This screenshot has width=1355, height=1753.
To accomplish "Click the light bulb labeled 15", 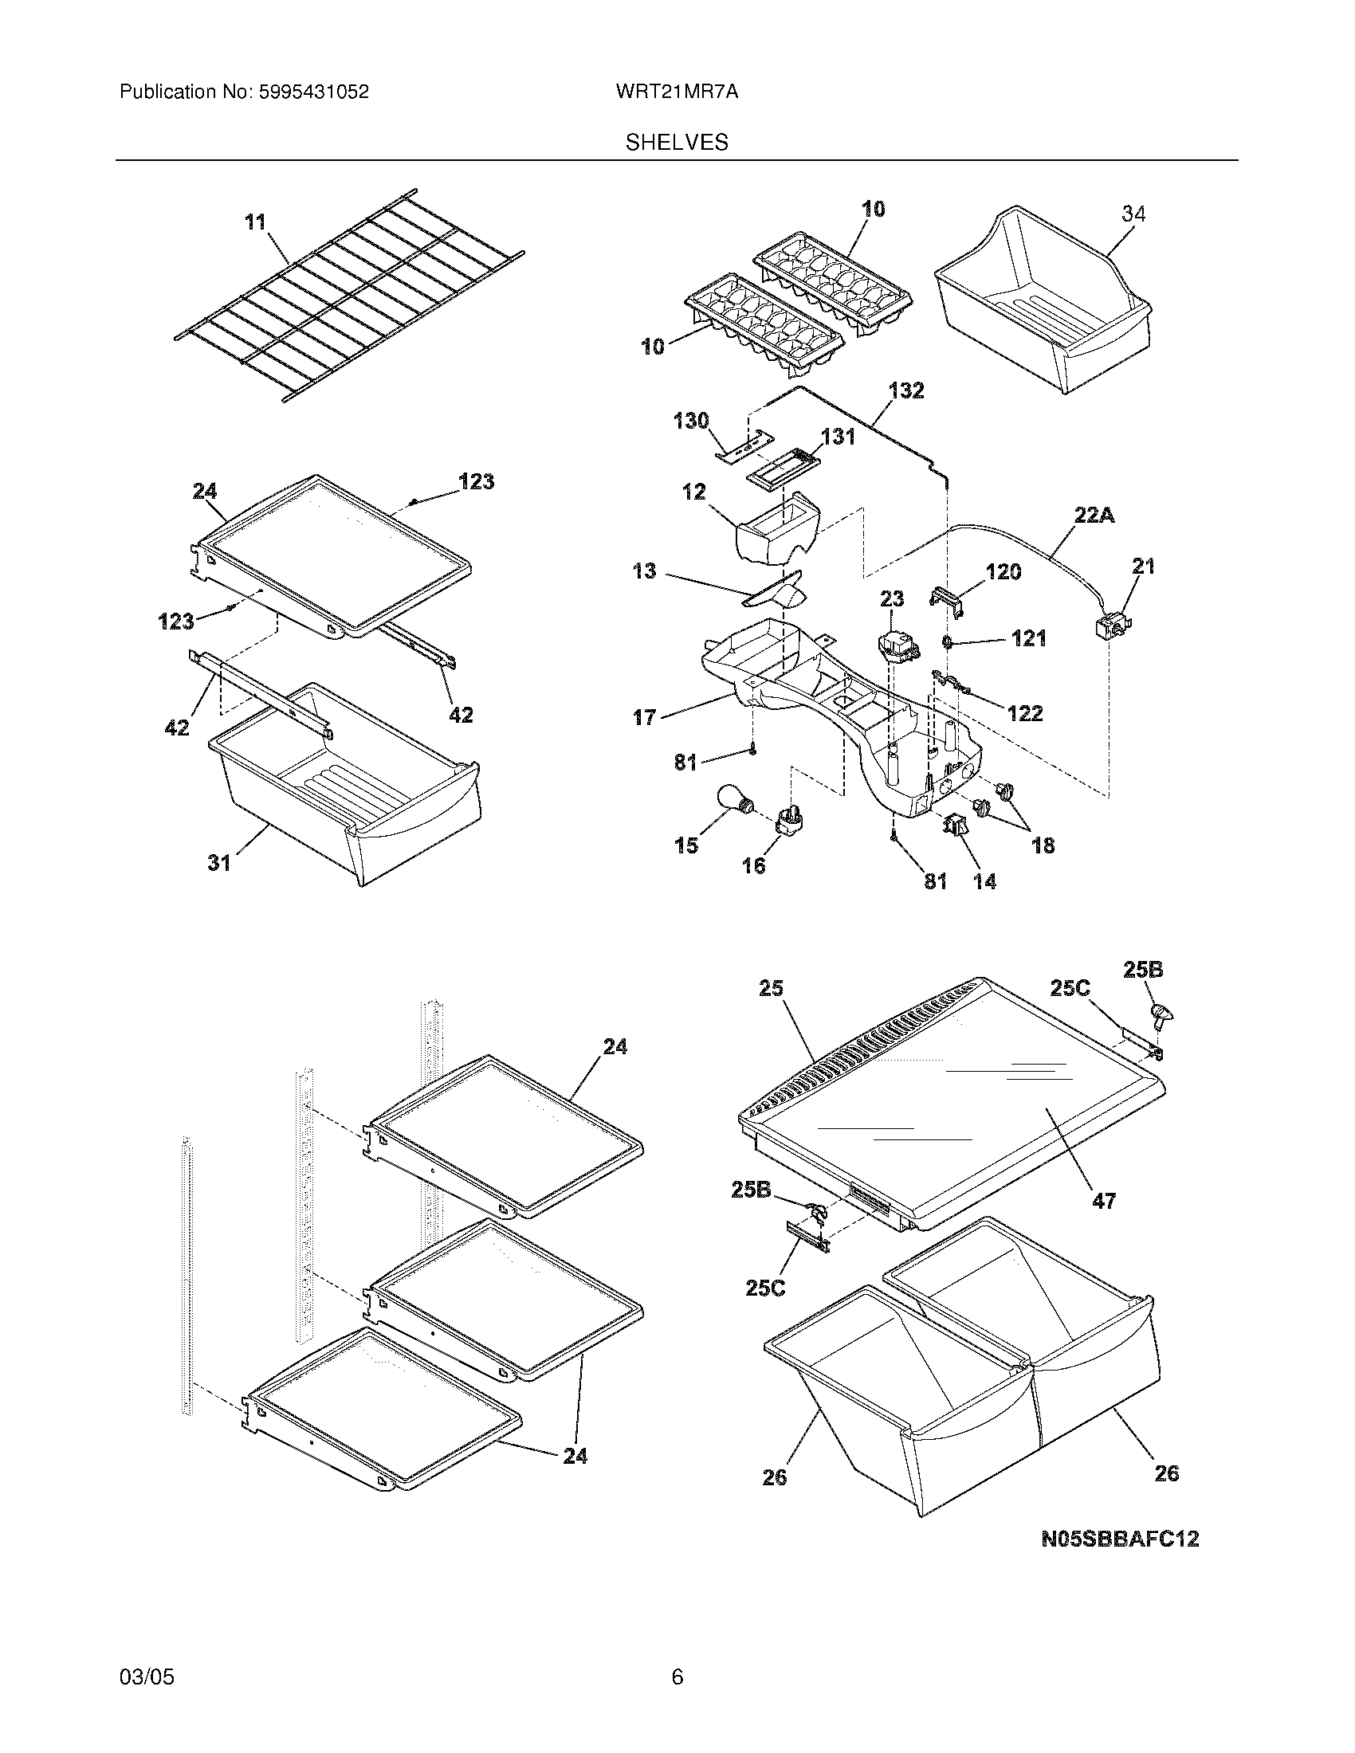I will [x=732, y=801].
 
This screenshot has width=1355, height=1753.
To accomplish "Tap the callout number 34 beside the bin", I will [x=1133, y=214].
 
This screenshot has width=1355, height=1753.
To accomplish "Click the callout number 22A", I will [x=1095, y=516].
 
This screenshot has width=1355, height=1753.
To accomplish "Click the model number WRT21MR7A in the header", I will [x=677, y=92].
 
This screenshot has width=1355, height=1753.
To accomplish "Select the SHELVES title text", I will [x=677, y=143].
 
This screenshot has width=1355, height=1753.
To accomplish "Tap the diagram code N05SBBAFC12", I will [x=1120, y=1539].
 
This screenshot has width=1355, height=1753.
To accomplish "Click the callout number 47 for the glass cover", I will [x=1104, y=1223].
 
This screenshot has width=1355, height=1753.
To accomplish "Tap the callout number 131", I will [x=837, y=437].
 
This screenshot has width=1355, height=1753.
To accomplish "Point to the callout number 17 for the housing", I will [x=644, y=717].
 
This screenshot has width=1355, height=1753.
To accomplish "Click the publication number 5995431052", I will [x=313, y=92].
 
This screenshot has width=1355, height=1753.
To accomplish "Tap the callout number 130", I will [x=690, y=421].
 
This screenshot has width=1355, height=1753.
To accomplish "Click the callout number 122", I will [x=1024, y=713].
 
